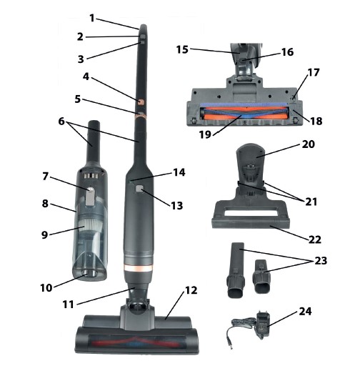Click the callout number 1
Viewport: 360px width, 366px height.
(92, 18)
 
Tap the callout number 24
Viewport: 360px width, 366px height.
(305, 311)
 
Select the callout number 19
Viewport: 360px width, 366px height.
(205, 134)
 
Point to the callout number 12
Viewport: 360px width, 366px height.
(191, 290)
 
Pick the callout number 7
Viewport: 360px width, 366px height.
(45, 177)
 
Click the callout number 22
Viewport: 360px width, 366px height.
(315, 239)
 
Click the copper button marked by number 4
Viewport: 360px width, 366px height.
(141, 102)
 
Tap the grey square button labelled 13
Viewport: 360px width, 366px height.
(139, 189)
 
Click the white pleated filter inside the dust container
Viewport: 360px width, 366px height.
(90, 223)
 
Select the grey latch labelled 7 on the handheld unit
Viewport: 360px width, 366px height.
(89, 197)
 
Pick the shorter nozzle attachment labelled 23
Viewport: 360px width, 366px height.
(261, 277)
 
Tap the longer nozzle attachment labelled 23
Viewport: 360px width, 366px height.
(236, 270)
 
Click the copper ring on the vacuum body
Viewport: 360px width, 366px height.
(139, 268)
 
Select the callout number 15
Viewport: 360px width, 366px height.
(182, 49)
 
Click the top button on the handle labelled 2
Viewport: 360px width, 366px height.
(143, 37)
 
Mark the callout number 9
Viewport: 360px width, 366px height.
(45, 234)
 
